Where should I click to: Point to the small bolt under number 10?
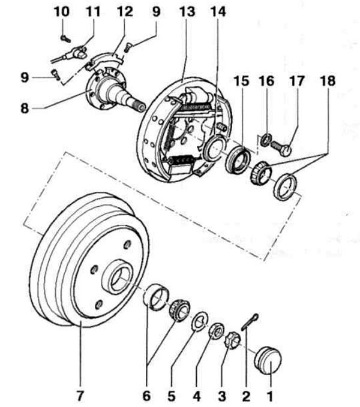click(x=66, y=38)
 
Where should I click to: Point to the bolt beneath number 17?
click(x=283, y=146)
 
